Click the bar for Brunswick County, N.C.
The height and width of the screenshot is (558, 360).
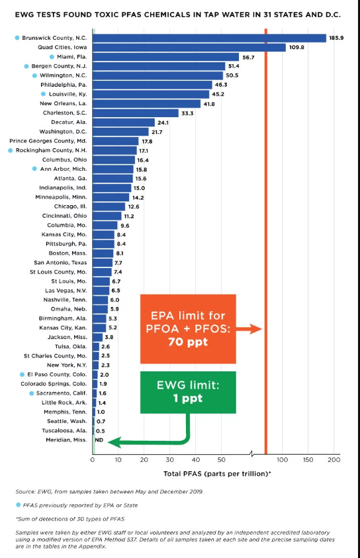[x=209, y=38]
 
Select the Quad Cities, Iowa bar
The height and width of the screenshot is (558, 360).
[x=189, y=48]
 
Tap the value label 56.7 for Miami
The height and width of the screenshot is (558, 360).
[x=248, y=58]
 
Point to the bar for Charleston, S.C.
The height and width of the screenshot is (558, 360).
[x=136, y=113]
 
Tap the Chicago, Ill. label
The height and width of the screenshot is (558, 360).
[x=69, y=207]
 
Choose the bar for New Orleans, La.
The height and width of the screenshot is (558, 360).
[x=146, y=104]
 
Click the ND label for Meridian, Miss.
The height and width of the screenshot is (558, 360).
[x=99, y=440]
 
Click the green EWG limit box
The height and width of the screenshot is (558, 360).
[x=188, y=393]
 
